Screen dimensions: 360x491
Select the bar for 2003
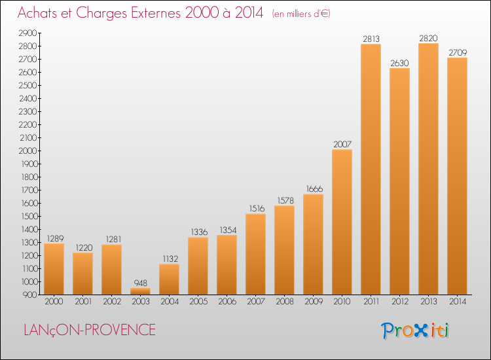click(x=140, y=291)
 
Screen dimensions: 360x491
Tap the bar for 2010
click(x=342, y=222)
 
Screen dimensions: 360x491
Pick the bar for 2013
click(x=428, y=168)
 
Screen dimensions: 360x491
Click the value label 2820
click(x=428, y=37)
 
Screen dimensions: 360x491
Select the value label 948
click(x=140, y=283)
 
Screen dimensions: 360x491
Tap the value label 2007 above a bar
click(x=342, y=144)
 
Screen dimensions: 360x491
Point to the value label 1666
click(x=313, y=189)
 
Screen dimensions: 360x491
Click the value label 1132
click(x=169, y=259)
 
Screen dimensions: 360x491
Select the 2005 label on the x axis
click(x=198, y=302)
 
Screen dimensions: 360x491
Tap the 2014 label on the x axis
click(x=457, y=302)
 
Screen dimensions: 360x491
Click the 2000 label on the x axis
click(x=54, y=302)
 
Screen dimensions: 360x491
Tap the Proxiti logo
click(x=415, y=330)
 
